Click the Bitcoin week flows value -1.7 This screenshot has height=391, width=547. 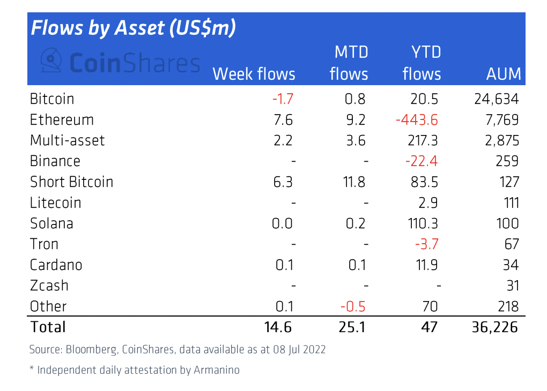(283, 99)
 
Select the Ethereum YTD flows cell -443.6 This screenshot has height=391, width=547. (417, 120)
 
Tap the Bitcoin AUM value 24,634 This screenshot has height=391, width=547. (497, 99)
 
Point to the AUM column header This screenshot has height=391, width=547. (504, 74)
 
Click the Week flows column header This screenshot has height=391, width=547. (254, 74)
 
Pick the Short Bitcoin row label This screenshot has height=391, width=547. (71, 182)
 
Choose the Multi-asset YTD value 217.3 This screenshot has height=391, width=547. (423, 140)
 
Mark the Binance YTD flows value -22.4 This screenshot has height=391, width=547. (422, 161)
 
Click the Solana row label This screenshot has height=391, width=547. (51, 223)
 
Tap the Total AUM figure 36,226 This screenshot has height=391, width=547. (496, 327)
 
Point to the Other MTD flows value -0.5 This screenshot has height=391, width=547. (353, 306)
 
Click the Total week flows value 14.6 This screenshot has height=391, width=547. (277, 327)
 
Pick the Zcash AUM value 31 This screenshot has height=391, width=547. (512, 285)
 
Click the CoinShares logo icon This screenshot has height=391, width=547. (53, 62)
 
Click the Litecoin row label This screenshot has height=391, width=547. (56, 202)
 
